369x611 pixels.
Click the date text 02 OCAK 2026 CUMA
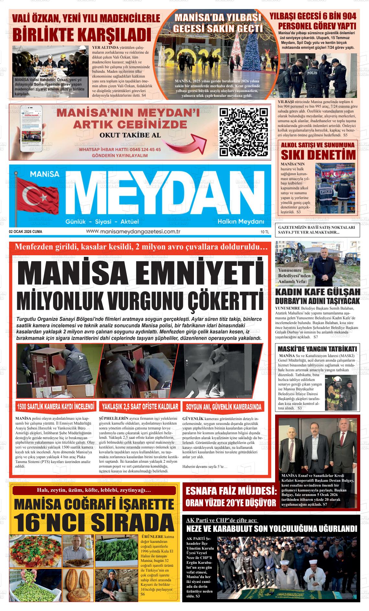click(26, 232)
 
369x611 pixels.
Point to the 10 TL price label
click(265, 232)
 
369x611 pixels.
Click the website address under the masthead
click(133, 231)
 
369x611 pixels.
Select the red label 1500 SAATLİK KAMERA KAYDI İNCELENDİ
click(56, 406)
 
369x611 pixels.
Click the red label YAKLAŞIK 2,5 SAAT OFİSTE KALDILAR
click(140, 406)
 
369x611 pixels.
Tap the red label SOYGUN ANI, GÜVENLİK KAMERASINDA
click(223, 406)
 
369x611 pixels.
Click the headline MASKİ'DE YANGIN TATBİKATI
click(317, 349)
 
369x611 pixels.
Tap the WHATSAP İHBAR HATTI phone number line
click(120, 150)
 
